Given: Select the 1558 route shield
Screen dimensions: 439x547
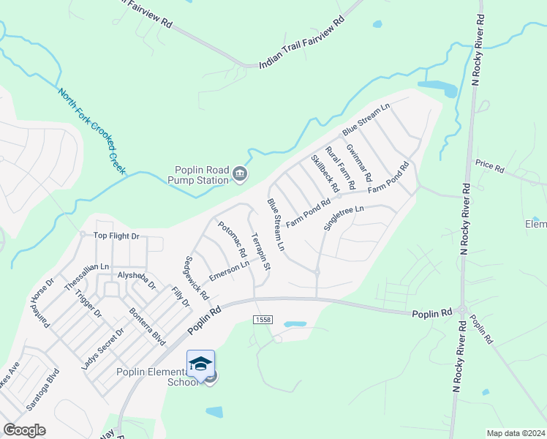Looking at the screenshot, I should [263, 320].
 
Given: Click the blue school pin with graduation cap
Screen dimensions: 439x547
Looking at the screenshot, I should [201, 364].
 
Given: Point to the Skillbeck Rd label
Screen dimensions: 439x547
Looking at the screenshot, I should [325, 173].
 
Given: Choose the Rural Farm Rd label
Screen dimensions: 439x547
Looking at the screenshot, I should [340, 165].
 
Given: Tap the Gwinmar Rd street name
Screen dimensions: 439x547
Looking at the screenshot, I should [359, 162].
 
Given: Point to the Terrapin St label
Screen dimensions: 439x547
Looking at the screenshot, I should [260, 252].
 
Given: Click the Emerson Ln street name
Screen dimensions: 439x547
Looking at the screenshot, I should [229, 271].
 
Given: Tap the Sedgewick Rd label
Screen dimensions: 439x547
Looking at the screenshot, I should [197, 278].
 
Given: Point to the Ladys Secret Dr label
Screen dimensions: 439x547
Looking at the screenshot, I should [103, 348].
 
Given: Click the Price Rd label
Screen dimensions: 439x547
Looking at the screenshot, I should [489, 168].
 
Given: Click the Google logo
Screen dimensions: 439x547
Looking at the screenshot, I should [24, 430].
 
